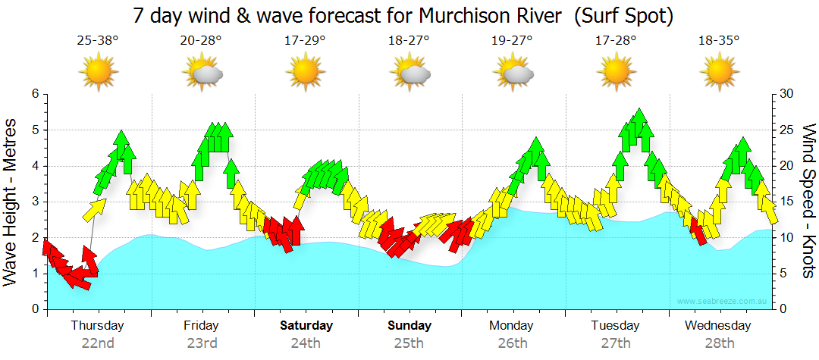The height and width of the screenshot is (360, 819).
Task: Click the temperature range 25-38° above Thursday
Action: (98, 39)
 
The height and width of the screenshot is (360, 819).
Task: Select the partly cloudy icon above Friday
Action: (202, 72)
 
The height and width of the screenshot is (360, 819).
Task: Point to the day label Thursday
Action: (98, 326)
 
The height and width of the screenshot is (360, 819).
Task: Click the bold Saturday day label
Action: (306, 326)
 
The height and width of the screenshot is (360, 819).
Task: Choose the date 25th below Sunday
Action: (409, 343)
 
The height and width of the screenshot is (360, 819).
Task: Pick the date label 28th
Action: (720, 343)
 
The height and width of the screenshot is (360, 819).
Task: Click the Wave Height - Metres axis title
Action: (11, 201)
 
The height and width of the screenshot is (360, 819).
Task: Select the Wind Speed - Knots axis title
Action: (808, 201)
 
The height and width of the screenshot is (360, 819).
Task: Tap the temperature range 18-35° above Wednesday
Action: (720, 39)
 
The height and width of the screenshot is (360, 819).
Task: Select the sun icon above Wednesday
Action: (720, 72)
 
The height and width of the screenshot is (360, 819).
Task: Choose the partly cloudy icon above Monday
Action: (513, 72)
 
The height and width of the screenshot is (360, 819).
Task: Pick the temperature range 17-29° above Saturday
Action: (306, 39)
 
